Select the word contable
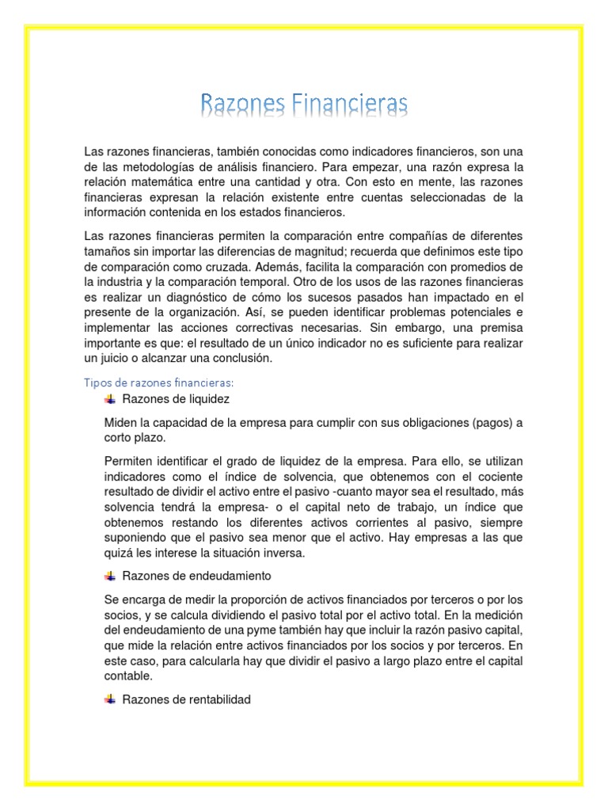(x=127, y=676)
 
